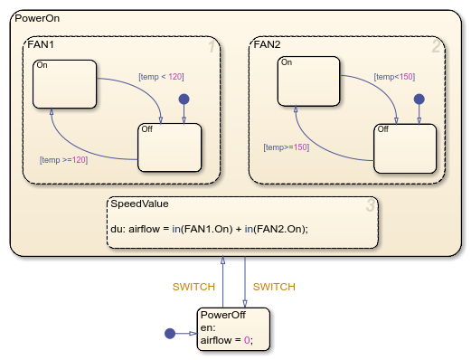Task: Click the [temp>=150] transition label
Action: coord(287,147)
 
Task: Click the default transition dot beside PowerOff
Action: coord(169,334)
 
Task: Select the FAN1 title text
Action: coord(41,43)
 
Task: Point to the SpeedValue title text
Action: coord(137,204)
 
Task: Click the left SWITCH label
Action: coord(193,287)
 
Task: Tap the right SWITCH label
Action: coord(274,287)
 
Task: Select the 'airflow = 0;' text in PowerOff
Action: coord(227,340)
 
